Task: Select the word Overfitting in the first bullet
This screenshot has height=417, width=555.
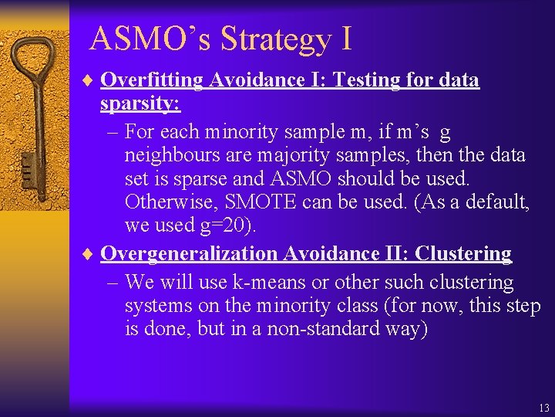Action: pyautogui.click(x=150, y=80)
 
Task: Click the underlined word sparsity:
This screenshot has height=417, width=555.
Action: pyautogui.click(x=140, y=103)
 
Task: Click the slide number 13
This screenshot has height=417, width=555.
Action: pyautogui.click(x=544, y=408)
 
